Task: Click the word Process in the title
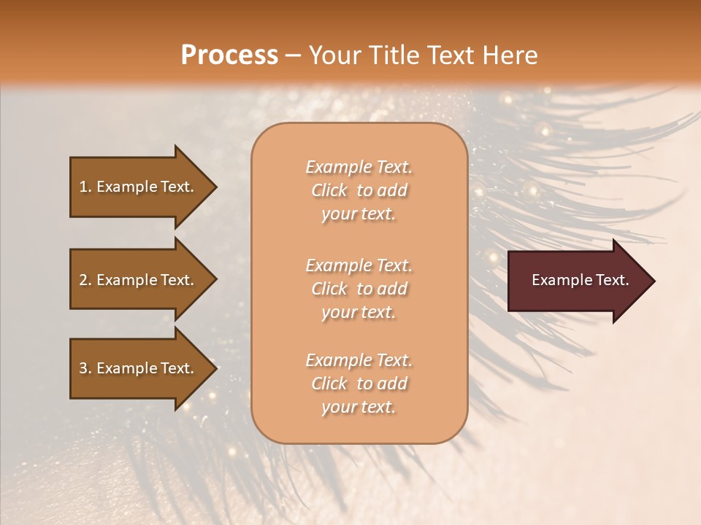(229, 55)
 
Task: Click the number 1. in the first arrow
(85, 187)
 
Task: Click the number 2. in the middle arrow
(85, 280)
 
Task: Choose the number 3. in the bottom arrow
(85, 368)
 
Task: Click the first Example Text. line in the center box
(359, 167)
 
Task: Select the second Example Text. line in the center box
(359, 265)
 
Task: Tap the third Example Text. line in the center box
(359, 360)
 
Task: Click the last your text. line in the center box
(359, 408)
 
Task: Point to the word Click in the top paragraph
(329, 190)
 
